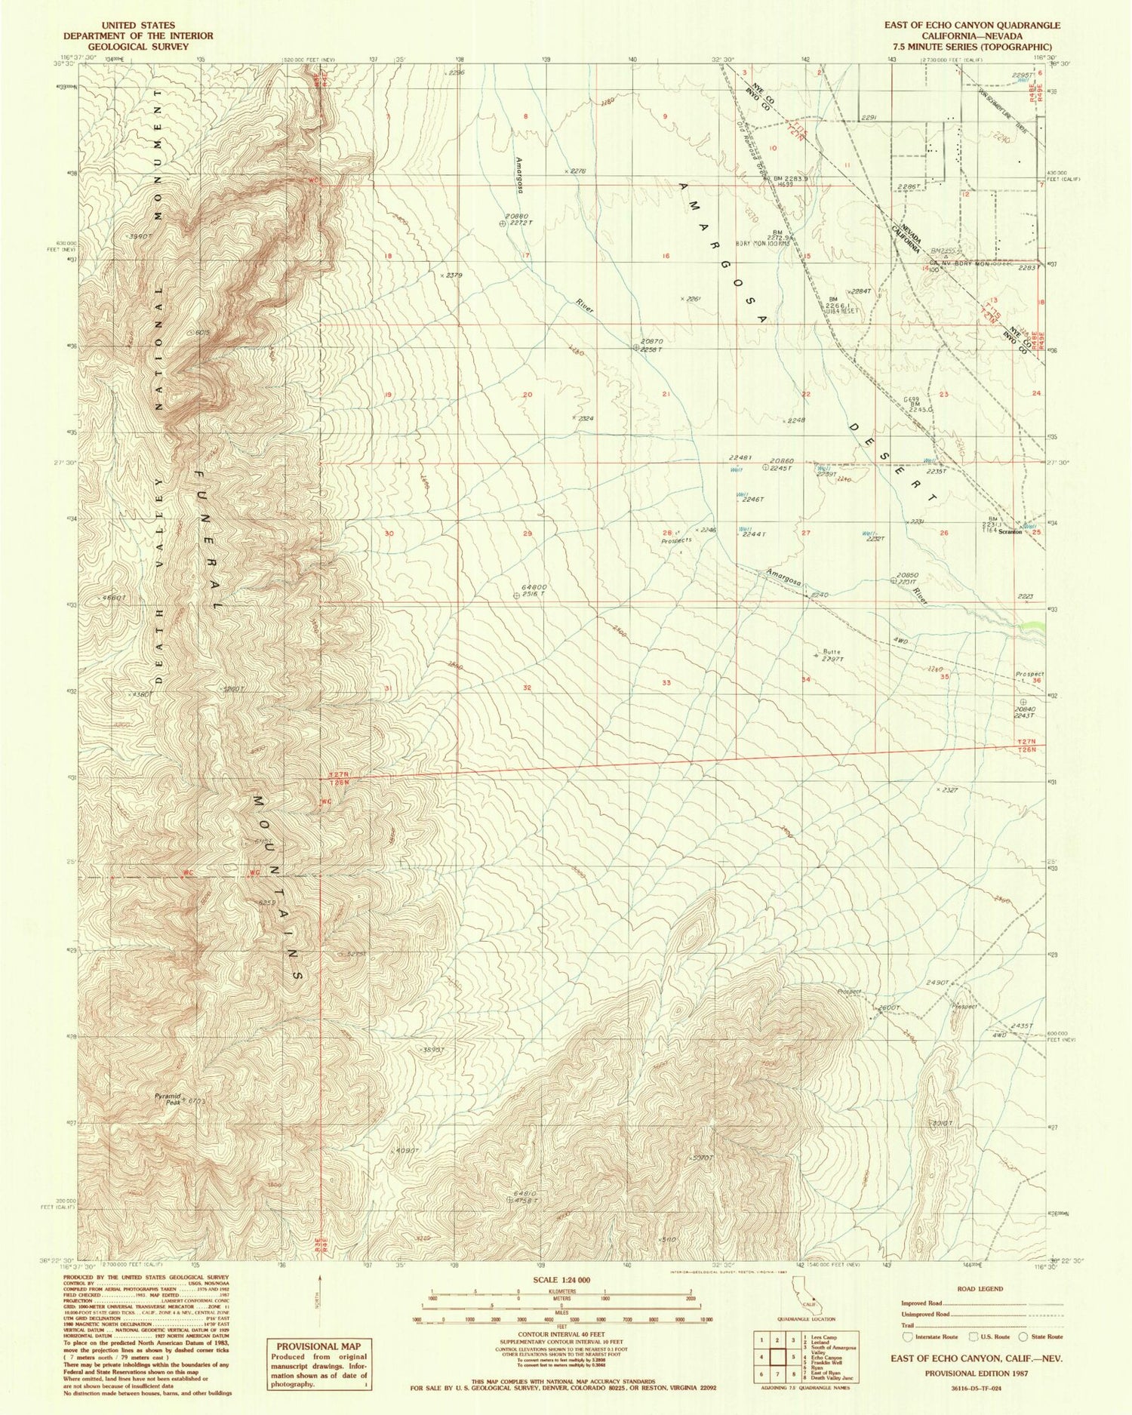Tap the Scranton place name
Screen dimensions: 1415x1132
[x=1010, y=531]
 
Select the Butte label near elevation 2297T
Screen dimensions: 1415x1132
[x=831, y=651]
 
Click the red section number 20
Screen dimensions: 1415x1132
[x=528, y=395]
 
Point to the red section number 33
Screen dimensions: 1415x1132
[x=666, y=683]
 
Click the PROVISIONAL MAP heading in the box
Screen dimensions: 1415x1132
[x=318, y=1346]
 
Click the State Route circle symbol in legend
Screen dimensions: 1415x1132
[x=1023, y=1336]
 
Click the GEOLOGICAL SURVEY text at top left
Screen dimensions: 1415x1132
[x=138, y=46]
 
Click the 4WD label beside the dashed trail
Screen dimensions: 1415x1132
[x=900, y=641]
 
